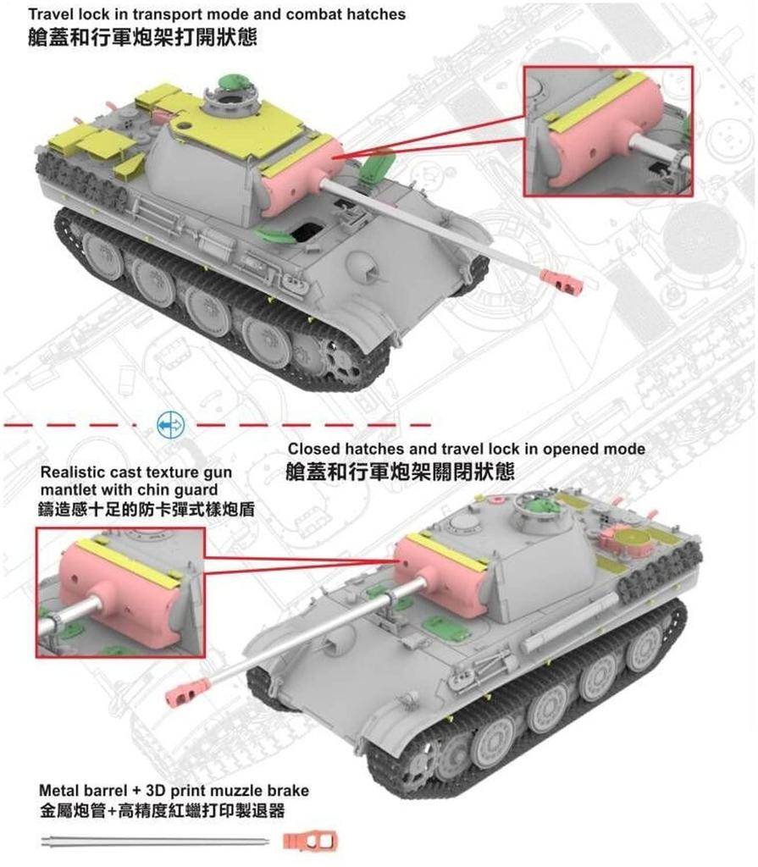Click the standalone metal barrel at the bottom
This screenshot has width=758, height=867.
(152, 842)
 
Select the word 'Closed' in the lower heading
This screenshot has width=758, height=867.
(313, 449)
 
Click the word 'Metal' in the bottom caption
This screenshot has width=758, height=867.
(59, 791)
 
